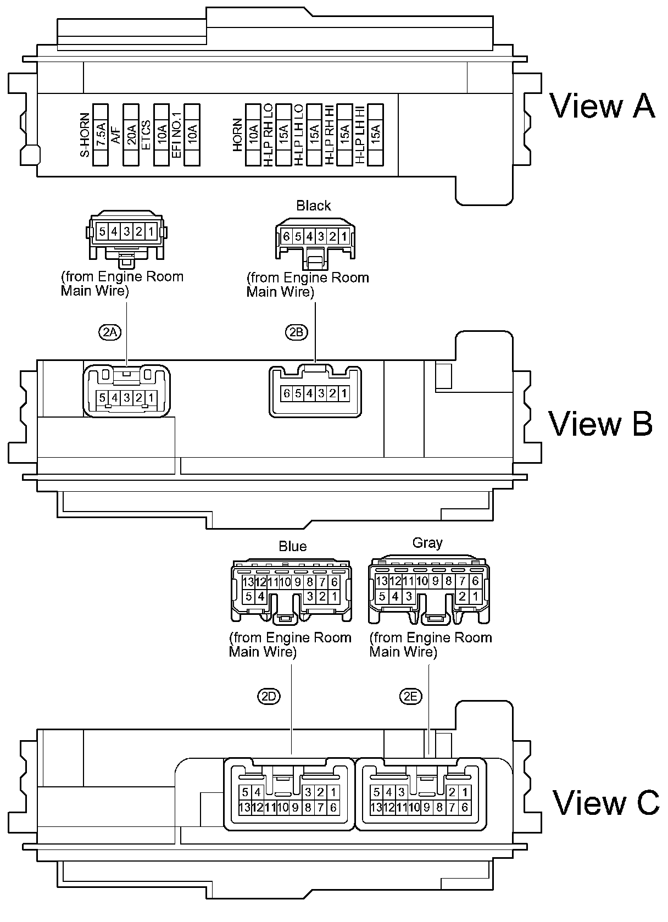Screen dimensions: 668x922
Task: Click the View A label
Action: tap(602, 106)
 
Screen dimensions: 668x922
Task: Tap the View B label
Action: tap(600, 424)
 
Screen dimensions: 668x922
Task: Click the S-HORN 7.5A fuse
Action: tap(101, 135)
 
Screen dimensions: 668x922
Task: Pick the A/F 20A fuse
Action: tap(131, 135)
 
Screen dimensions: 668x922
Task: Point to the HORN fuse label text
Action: tap(237, 135)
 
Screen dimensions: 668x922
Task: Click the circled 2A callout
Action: tap(110, 332)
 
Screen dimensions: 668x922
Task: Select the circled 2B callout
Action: tap(296, 332)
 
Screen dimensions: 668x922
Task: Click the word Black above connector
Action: tap(314, 206)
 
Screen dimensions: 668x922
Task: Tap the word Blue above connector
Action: tap(293, 546)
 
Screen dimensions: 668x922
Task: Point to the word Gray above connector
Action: tap(427, 543)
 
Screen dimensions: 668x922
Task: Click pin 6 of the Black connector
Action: tap(286, 237)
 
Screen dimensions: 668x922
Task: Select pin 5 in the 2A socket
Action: tap(102, 398)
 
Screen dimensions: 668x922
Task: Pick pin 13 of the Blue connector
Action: tap(248, 582)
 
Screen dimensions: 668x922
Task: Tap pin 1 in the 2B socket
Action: tap(344, 393)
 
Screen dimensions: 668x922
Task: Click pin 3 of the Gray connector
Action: tap(408, 596)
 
